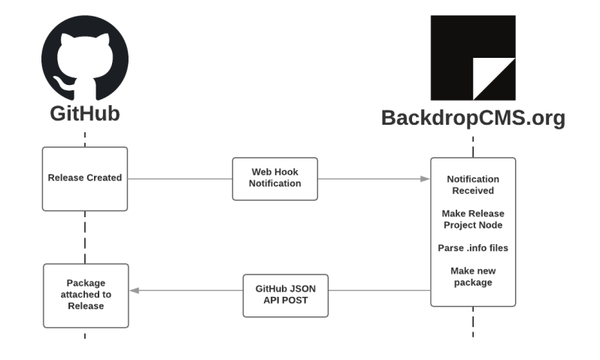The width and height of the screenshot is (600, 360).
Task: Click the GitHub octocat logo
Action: coord(84,59)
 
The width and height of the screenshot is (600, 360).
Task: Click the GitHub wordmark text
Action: coord(85,114)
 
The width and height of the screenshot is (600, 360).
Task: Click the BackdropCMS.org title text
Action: coord(473,118)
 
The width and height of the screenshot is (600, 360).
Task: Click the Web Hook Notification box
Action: coord(275,178)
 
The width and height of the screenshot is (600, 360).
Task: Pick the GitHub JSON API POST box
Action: coord(286,294)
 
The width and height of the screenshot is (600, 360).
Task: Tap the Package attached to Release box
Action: coord(85,295)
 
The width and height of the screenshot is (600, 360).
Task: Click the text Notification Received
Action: coord(473,185)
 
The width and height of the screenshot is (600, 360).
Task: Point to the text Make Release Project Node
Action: coord(473,219)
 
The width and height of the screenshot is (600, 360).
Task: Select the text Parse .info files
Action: coord(473,247)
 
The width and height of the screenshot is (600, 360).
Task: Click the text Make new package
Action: coord(473,276)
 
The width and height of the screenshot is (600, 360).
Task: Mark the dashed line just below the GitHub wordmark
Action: coord(85,138)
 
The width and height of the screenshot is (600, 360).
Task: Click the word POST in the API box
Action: coord(297,300)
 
